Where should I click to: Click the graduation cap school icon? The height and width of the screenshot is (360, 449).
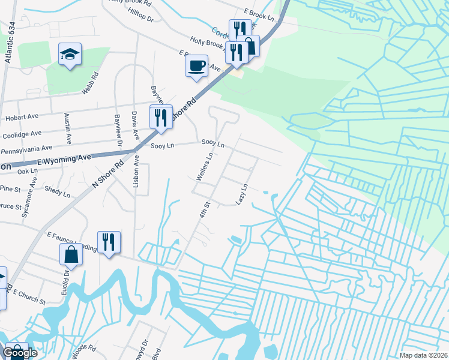point(70,54)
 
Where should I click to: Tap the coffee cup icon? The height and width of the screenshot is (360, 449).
point(196,65)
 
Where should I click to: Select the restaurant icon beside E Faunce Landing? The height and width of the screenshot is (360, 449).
point(109,242)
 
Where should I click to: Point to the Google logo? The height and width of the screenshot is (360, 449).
point(20,353)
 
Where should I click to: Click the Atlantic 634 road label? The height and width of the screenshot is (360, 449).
point(8,43)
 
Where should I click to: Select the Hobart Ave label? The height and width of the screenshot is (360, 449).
point(22,119)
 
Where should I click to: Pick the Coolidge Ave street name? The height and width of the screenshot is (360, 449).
point(23,133)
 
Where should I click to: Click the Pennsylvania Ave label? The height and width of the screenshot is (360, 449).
point(27,148)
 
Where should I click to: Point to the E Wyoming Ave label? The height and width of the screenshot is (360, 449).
point(64,159)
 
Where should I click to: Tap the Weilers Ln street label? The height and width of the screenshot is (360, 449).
point(205,167)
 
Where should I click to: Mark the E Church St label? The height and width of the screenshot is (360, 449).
point(28,296)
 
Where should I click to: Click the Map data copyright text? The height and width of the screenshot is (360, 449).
point(423,355)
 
